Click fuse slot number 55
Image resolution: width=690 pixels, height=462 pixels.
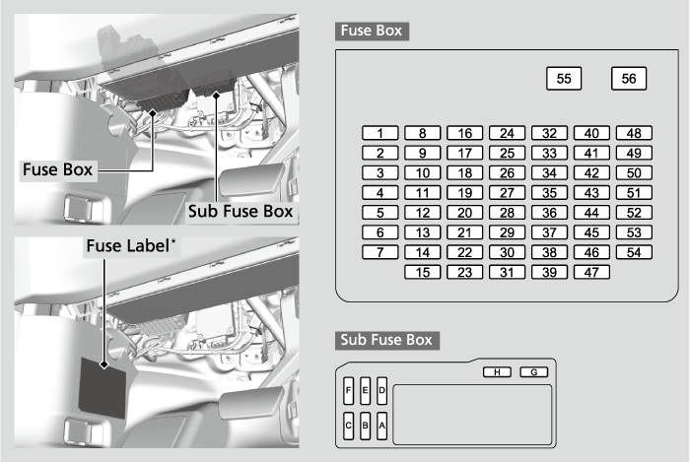(564, 79)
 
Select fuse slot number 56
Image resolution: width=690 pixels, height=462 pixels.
(629, 79)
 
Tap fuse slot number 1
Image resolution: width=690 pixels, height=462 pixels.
(380, 133)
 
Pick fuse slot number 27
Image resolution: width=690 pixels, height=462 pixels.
(507, 192)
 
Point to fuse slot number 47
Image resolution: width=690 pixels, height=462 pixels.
(591, 272)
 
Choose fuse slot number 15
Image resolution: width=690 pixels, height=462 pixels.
(423, 272)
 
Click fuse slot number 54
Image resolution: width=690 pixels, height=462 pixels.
(634, 252)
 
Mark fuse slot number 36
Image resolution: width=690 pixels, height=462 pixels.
(550, 213)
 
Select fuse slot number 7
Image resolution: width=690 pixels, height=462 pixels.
(380, 252)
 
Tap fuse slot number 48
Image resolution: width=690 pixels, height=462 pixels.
(634, 133)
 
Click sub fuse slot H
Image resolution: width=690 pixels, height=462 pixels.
(497, 372)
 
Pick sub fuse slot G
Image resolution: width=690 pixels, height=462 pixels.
(534, 372)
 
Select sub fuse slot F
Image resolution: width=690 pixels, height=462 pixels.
(349, 391)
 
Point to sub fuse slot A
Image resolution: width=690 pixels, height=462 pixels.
(382, 426)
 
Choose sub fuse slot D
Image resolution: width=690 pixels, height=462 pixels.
(382, 391)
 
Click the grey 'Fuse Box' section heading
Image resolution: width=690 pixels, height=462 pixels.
(372, 32)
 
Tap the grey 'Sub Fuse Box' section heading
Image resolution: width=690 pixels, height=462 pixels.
(387, 340)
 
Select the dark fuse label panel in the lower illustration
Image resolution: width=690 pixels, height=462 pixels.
(103, 389)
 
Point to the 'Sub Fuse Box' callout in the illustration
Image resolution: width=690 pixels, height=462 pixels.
(241, 212)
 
